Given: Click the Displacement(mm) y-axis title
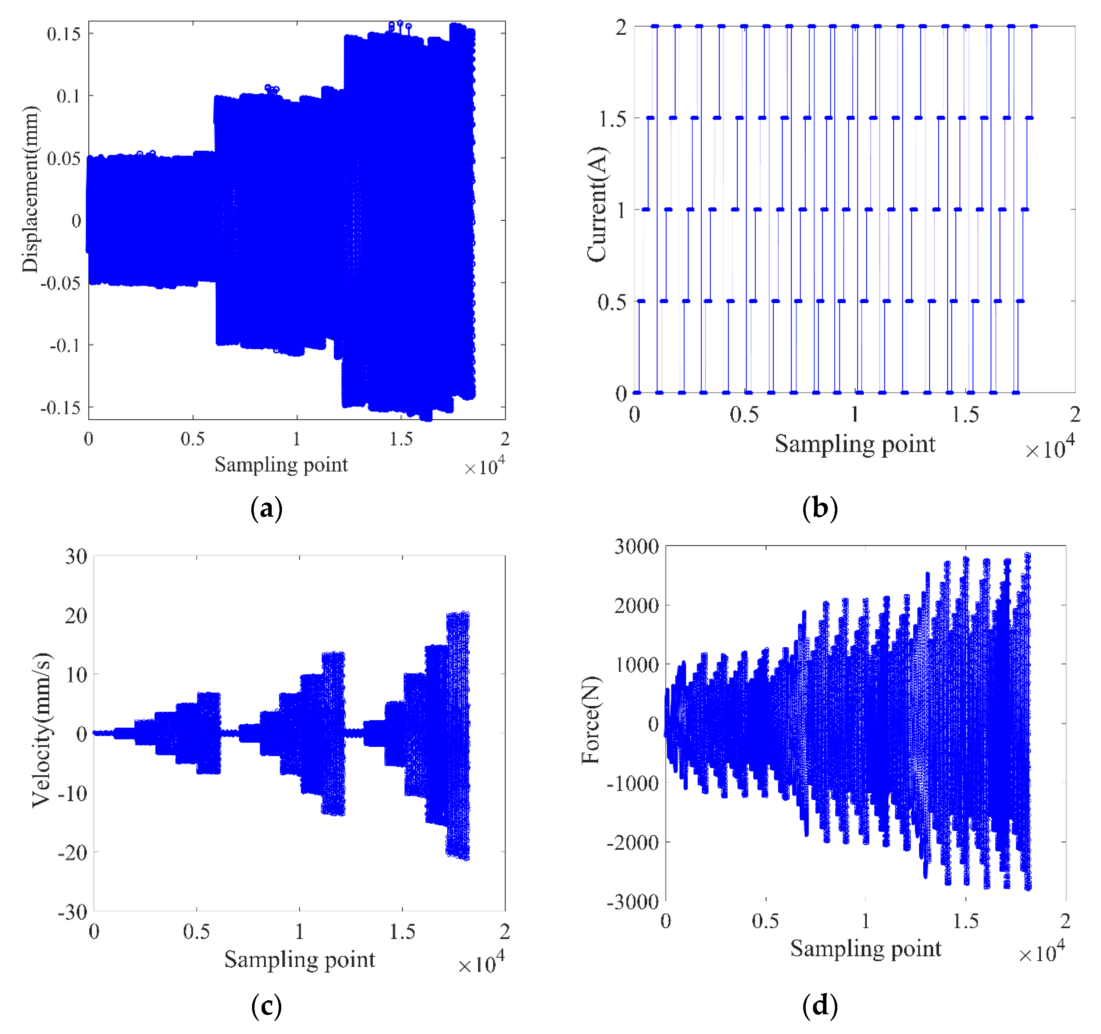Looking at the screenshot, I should pyautogui.click(x=31, y=189).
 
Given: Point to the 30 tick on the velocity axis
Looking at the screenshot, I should pyautogui.click(x=76, y=557).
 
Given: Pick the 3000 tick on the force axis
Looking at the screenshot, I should pyautogui.click(x=636, y=547).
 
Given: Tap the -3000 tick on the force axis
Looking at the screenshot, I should pyautogui.click(x=633, y=902).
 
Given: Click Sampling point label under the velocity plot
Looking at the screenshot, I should pyautogui.click(x=300, y=959).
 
